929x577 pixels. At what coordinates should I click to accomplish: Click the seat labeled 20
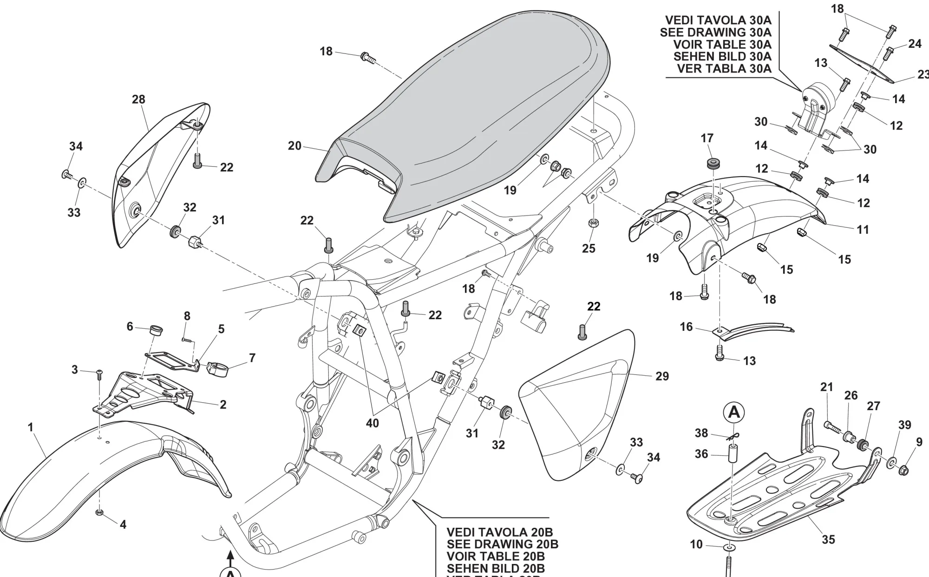coord(464,116)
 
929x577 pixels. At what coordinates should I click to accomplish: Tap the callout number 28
coord(138,99)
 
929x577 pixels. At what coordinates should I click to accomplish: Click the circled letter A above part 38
coord(734,413)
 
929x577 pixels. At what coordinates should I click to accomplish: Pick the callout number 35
coord(828,539)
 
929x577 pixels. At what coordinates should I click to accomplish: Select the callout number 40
coord(373,423)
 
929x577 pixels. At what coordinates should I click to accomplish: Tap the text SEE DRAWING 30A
coord(715,33)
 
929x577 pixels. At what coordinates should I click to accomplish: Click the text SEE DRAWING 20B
coord(502,544)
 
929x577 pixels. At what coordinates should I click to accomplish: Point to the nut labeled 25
coord(593,223)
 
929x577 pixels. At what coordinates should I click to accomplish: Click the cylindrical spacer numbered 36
coord(733,453)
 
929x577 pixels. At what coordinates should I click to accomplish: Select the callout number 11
coord(863,229)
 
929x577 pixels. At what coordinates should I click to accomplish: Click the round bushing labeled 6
coord(155,330)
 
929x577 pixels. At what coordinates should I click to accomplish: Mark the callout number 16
coord(686,327)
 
